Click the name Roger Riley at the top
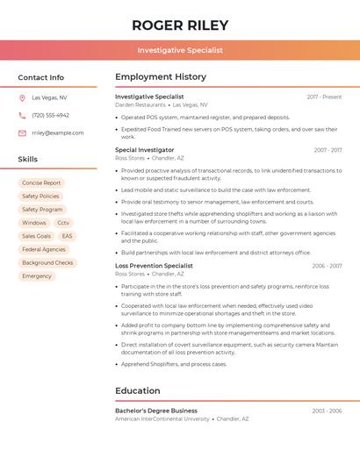[x=179, y=25]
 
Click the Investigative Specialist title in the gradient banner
[x=180, y=50]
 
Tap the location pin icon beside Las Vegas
[x=22, y=97]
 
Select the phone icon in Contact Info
[x=22, y=115]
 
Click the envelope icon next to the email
[x=22, y=133]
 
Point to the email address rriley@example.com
[x=58, y=133]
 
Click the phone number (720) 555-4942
[x=50, y=115]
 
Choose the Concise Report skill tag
[x=41, y=183]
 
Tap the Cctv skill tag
[x=63, y=223]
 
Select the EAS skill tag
[x=68, y=236]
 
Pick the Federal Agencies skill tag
[x=44, y=249]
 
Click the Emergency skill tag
[x=37, y=275]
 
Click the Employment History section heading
[x=161, y=77]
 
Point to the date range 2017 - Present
[x=324, y=97]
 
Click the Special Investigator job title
[x=145, y=150]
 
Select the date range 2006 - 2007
[x=327, y=266]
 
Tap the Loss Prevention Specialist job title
[x=154, y=266]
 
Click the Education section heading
[x=138, y=390]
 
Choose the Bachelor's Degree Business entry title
[x=156, y=411]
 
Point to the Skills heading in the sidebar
[x=28, y=160]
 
